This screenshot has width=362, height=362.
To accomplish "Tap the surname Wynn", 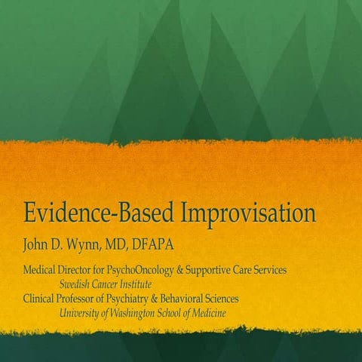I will [92, 244].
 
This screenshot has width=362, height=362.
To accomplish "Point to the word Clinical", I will [42, 299].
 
